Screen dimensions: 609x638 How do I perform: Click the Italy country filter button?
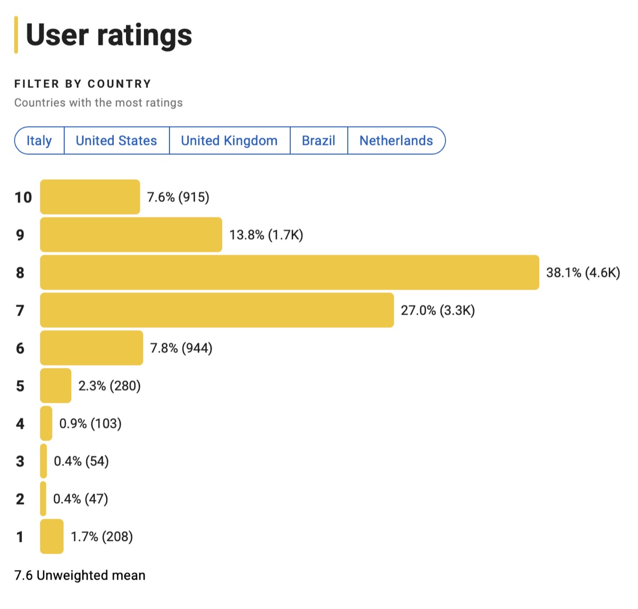[x=39, y=141]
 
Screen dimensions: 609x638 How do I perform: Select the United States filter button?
[x=116, y=141]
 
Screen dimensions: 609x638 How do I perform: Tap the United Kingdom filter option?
[x=229, y=141]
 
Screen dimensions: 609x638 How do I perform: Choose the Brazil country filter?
[x=318, y=141]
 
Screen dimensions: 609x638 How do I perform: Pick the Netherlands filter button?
[x=396, y=141]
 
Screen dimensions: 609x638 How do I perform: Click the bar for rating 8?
[x=289, y=273]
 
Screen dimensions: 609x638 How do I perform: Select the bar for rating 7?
[x=217, y=310]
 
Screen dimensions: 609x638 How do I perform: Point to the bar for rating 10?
[x=90, y=197]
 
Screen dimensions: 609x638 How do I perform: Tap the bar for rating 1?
[x=52, y=537]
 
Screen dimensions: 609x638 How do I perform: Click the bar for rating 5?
[x=55, y=386]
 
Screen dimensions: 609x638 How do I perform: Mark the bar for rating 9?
[x=131, y=235]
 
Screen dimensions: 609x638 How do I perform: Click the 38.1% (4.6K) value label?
[x=583, y=273]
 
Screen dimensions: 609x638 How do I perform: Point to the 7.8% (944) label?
[x=181, y=349]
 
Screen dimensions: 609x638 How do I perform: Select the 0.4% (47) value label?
[x=80, y=499]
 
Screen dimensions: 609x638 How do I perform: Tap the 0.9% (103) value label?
[x=90, y=424]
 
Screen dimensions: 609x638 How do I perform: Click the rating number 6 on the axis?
[x=20, y=349]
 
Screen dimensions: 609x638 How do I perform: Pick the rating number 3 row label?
[x=20, y=461]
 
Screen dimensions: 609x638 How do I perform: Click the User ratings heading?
[x=108, y=35]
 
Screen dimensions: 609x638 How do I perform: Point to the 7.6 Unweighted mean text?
[x=80, y=576]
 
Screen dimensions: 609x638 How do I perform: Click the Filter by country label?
[x=83, y=84]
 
